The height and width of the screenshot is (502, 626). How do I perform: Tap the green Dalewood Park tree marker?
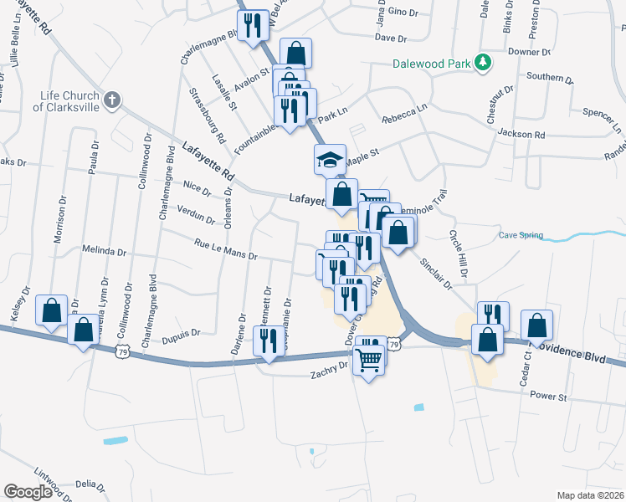[482, 62]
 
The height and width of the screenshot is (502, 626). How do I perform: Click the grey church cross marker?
[112, 101]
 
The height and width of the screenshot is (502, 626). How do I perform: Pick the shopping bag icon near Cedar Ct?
[536, 325]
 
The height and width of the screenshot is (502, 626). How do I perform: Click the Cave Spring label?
[521, 236]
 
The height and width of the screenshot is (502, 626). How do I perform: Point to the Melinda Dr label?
[104, 250]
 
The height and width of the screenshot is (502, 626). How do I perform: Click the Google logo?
[28, 492]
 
